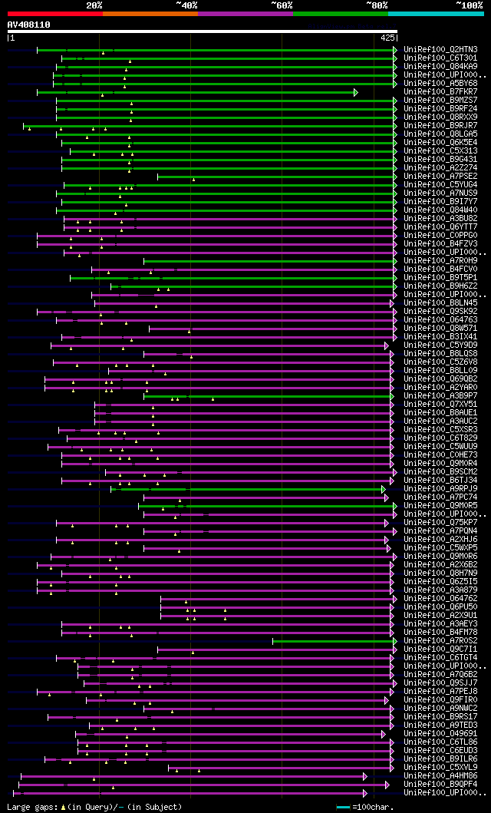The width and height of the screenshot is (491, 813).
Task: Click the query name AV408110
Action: point(28,25)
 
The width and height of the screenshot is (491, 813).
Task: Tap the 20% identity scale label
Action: point(94,5)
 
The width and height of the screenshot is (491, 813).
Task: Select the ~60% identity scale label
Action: point(282,5)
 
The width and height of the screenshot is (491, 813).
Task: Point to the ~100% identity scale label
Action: point(469,5)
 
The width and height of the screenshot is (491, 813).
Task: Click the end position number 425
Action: point(387,37)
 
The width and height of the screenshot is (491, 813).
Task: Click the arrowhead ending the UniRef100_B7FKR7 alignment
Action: point(356,92)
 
